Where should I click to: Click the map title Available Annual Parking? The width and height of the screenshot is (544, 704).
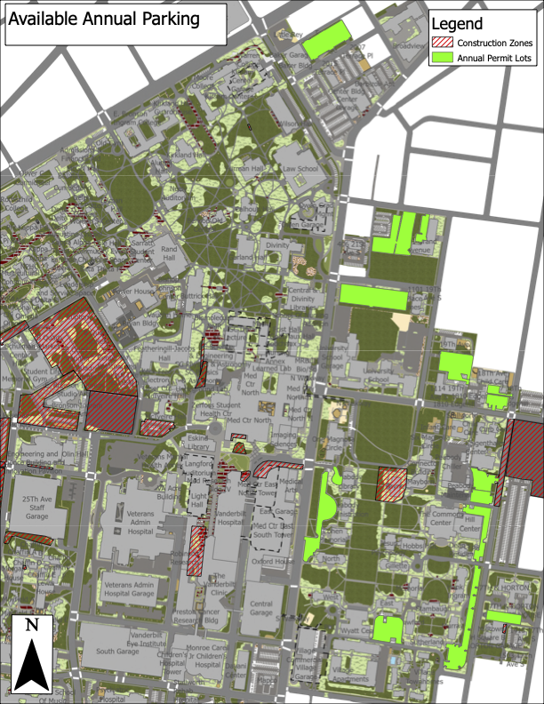(104, 20)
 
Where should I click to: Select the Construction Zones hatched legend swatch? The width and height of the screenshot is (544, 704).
(443, 43)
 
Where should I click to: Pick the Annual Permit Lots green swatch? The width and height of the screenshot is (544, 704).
(443, 58)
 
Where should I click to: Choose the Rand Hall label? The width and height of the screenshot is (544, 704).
(169, 255)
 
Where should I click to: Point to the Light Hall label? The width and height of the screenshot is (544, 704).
(197, 500)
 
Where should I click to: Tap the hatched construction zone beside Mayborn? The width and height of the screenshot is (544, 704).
(391, 485)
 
